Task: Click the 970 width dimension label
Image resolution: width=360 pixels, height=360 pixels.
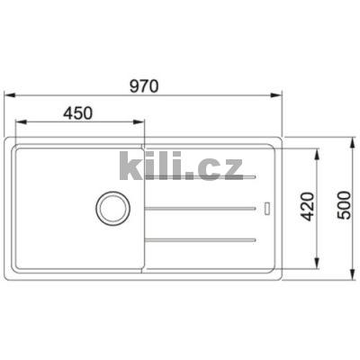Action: pos(143,87)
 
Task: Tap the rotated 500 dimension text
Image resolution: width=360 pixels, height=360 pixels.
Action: pos(339,208)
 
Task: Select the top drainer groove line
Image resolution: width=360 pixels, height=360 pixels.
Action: pos(203,176)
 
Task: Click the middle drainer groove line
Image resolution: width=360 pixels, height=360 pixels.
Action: pos(203,208)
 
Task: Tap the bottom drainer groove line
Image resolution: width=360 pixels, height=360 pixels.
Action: pos(203,239)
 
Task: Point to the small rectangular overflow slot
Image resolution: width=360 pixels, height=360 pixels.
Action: pos(267,208)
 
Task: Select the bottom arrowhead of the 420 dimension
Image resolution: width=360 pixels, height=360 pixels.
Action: pos(316,262)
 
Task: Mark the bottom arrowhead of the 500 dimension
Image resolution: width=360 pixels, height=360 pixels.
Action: pos(352,272)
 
